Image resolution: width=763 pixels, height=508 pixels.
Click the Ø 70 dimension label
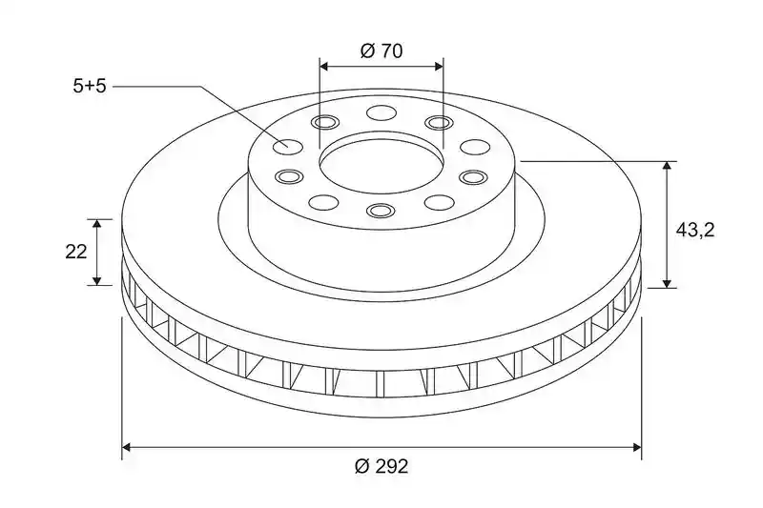[x=382, y=51]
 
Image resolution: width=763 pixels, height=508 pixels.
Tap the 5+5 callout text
[x=90, y=87]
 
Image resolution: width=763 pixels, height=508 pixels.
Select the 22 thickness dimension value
[x=76, y=252]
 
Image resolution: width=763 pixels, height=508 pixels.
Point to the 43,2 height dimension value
[x=695, y=230]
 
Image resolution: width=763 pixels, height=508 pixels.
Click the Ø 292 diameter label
[x=382, y=467]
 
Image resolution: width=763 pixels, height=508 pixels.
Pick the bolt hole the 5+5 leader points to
[x=288, y=146]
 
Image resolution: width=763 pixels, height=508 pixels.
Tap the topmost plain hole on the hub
[x=381, y=112]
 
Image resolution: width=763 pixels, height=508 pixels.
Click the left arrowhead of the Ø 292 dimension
[x=126, y=447]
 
